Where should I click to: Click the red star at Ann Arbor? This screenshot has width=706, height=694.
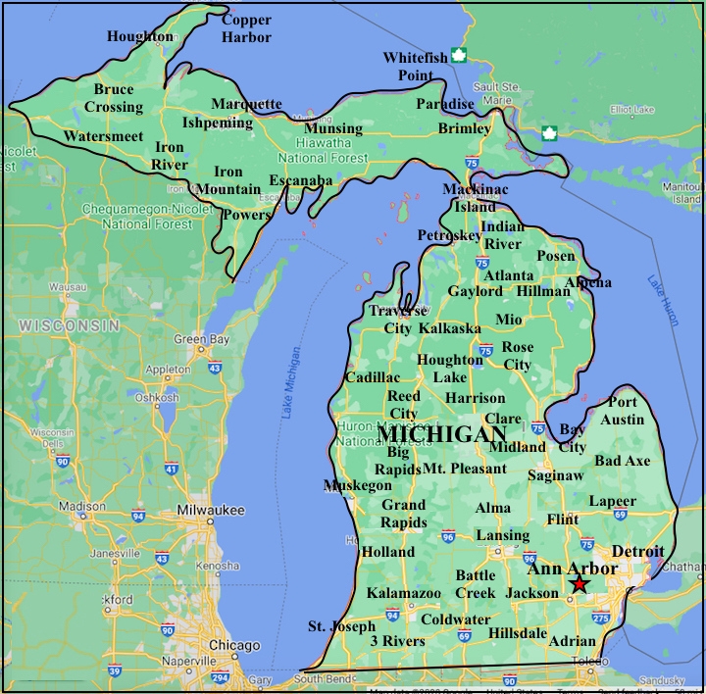click(580, 585)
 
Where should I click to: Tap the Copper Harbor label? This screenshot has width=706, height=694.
click(245, 27)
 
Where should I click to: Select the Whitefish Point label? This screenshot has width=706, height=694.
click(415, 67)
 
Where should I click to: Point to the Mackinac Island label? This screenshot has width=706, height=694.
click(476, 197)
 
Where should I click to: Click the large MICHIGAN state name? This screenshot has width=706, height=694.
click(442, 434)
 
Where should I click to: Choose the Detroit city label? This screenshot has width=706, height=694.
click(637, 552)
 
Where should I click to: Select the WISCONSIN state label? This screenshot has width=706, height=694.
click(69, 324)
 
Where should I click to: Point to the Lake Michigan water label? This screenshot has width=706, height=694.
click(291, 383)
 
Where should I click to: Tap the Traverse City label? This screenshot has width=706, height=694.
click(398, 320)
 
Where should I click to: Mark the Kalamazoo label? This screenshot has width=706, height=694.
click(404, 593)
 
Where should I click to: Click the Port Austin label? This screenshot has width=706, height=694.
click(623, 411)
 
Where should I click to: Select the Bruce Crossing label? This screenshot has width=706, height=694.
click(114, 98)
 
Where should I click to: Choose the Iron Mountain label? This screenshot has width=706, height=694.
click(228, 180)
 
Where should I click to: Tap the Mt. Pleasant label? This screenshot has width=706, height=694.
click(465, 469)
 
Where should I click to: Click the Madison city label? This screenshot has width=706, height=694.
click(81, 506)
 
